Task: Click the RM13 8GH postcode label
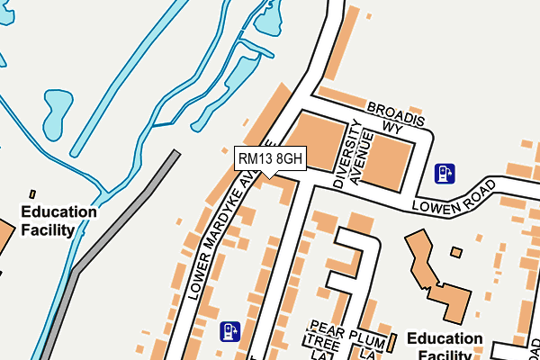click(270, 158)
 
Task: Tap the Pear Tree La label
click(321, 338)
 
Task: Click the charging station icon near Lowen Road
click(444, 172)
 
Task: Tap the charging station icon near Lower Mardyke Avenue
click(230, 331)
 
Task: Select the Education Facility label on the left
click(59, 220)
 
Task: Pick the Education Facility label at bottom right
click(445, 346)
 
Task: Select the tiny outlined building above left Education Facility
click(32, 193)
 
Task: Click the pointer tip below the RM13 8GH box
click(270, 178)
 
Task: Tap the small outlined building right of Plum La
click(392, 342)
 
